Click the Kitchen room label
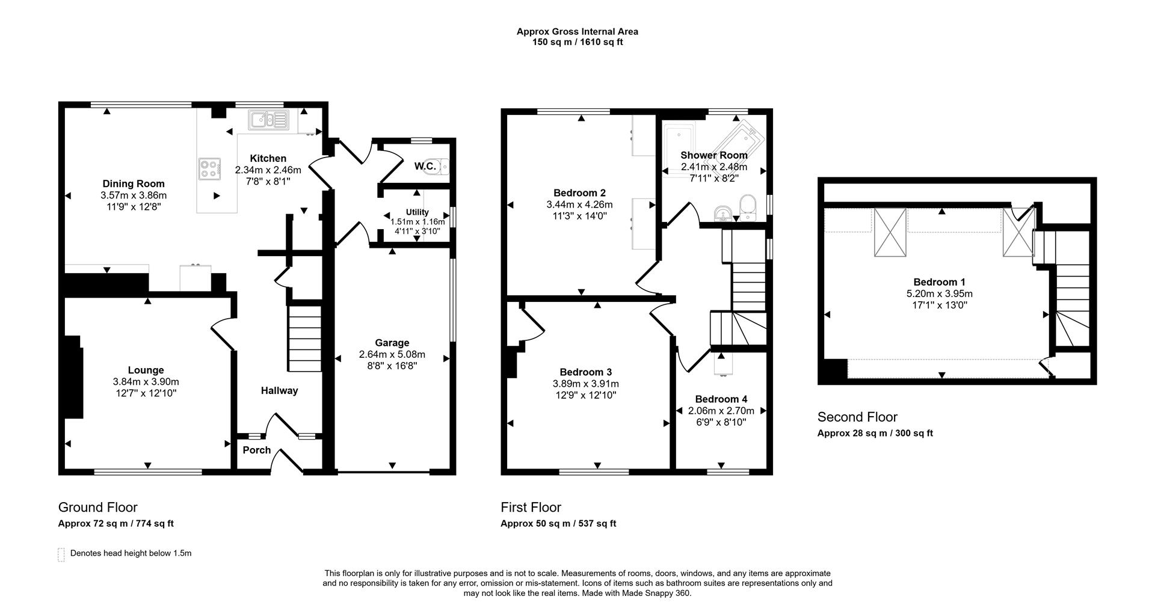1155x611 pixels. [x=268, y=159]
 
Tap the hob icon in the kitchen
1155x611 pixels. [x=209, y=168]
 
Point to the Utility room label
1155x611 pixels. [x=417, y=212]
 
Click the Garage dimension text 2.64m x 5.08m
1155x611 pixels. [x=392, y=354]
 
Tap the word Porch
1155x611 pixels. [x=257, y=450]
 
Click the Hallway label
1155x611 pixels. [x=279, y=391]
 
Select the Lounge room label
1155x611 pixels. [x=146, y=370]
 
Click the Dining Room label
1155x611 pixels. [x=133, y=184]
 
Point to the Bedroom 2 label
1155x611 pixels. [x=579, y=193]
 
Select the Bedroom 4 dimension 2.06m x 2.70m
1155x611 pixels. [x=721, y=411]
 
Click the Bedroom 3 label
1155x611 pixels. [x=585, y=372]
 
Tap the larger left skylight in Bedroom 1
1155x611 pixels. [x=890, y=233]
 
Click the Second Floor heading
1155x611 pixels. [x=857, y=417]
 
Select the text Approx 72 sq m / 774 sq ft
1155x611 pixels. [x=115, y=524]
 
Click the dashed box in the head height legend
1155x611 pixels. [x=61, y=554]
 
